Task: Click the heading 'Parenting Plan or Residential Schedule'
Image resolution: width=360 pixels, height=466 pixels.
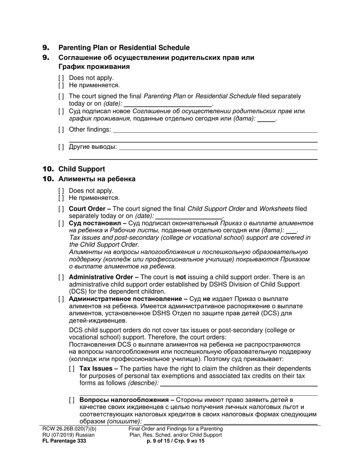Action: pyautogui.click(x=124, y=48)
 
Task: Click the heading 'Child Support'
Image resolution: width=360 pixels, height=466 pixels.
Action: pyautogui.click(x=81, y=169)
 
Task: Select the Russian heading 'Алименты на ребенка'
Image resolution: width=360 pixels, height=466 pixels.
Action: pyautogui.click(x=97, y=179)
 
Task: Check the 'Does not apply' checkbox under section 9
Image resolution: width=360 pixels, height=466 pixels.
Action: pyautogui.click(x=61, y=78)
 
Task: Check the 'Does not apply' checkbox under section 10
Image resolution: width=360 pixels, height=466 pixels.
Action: pyautogui.click(x=61, y=191)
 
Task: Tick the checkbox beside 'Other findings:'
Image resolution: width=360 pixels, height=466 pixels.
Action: pyautogui.click(x=61, y=130)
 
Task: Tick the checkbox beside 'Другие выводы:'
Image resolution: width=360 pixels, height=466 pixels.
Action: pyautogui.click(x=61, y=147)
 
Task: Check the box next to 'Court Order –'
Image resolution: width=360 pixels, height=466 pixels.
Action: pyautogui.click(x=61, y=209)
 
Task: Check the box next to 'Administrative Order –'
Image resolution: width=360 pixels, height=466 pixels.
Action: pyautogui.click(x=61, y=278)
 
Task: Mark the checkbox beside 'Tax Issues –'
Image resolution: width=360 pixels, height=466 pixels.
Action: pyautogui.click(x=72, y=369)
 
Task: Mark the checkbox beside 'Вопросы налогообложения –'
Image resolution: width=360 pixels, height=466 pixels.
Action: pyautogui.click(x=72, y=400)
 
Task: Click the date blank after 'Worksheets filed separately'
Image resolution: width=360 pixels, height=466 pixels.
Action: pyautogui.click(x=189, y=216)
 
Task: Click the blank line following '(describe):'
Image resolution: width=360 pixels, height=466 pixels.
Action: pyautogui.click(x=239, y=384)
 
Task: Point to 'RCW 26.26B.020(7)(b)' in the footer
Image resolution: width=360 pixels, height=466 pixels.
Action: pyautogui.click(x=69, y=429)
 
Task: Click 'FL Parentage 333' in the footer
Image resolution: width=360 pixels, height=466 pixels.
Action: pyautogui.click(x=64, y=441)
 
